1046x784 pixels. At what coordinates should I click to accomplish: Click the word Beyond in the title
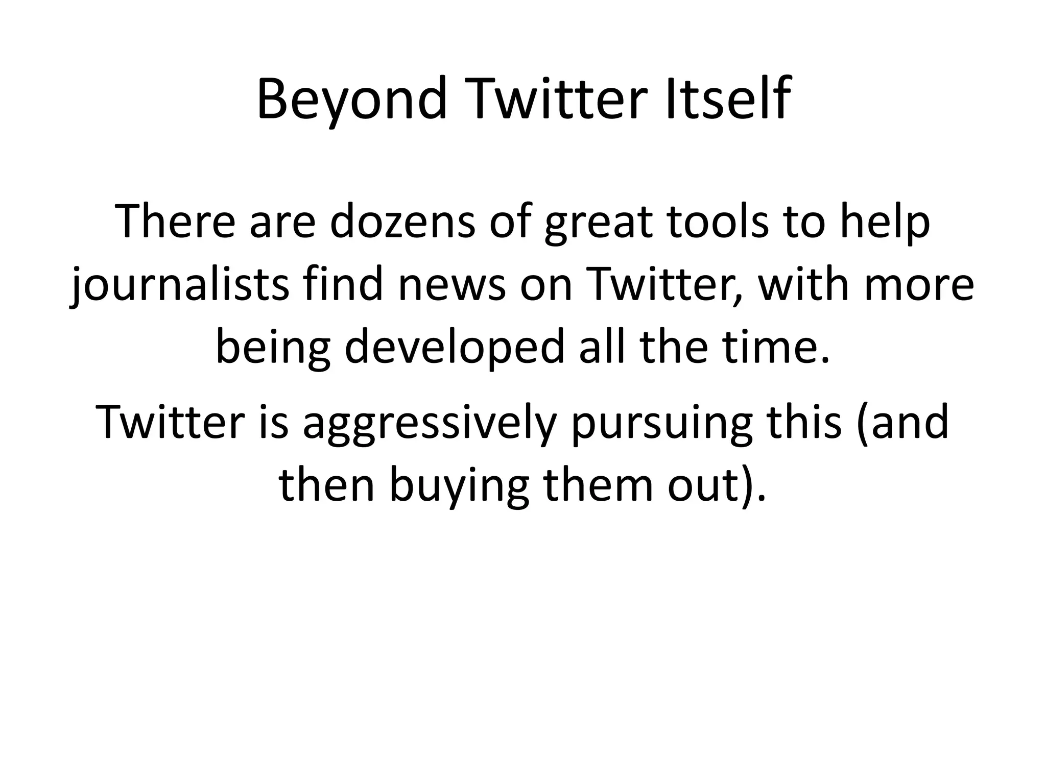tap(352, 100)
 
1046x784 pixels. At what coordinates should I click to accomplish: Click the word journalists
tap(179, 285)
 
